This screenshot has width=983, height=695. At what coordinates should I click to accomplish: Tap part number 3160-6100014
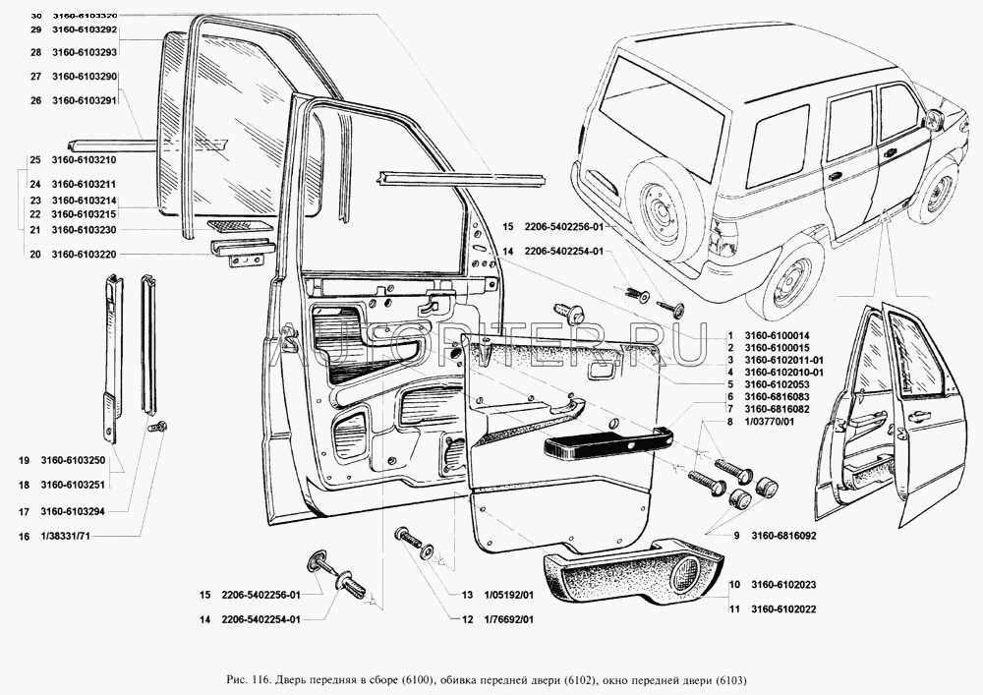tap(777, 335)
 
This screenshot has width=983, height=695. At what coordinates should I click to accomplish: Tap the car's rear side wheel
tap(792, 276)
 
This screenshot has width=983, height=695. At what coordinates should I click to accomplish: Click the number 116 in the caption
tap(262, 680)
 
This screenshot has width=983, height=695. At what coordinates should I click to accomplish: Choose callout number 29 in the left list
tap(34, 30)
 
